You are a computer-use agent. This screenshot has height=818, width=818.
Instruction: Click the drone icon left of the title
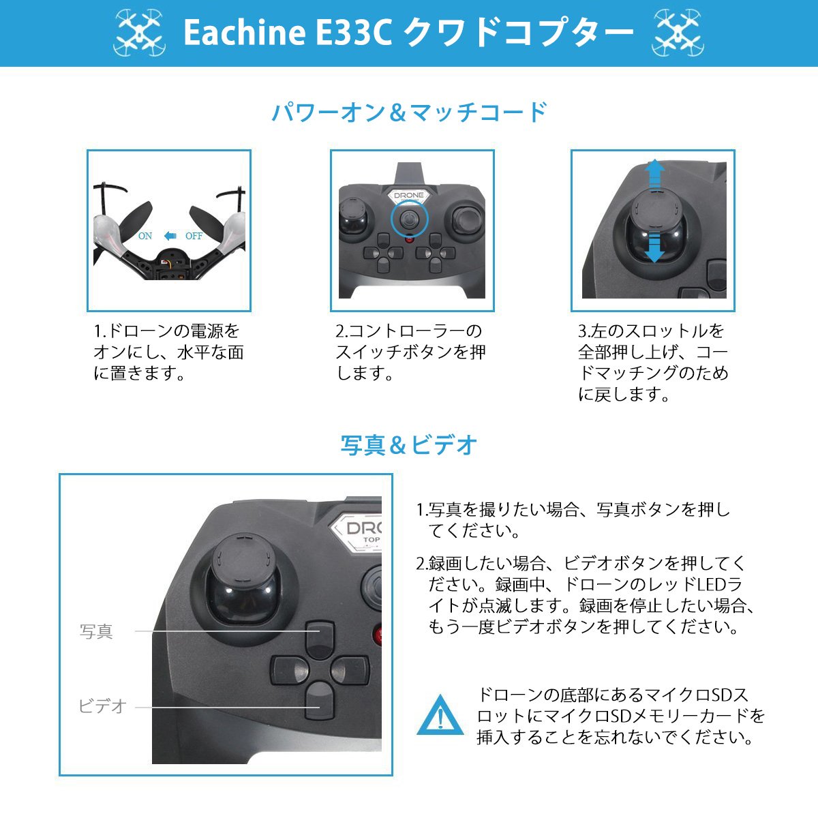139,33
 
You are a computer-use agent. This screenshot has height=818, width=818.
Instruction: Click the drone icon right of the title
678,33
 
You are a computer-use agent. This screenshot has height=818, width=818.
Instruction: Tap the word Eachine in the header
245,33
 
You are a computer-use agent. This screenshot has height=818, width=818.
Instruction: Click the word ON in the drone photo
145,236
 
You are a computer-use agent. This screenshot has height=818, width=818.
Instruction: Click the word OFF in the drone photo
194,236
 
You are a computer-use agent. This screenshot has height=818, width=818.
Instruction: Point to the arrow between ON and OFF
170,236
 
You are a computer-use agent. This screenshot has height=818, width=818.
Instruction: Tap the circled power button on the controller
410,219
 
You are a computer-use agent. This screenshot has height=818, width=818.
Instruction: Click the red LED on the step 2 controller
409,239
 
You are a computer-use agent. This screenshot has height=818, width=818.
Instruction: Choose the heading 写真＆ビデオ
409,445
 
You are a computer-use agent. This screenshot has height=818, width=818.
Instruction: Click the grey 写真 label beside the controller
96,631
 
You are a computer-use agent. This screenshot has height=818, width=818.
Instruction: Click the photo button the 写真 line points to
320,641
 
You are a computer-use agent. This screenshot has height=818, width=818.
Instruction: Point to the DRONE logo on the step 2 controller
409,196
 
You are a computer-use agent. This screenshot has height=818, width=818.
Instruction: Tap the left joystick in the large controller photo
243,584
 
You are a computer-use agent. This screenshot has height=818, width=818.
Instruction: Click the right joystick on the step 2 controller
466,219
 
